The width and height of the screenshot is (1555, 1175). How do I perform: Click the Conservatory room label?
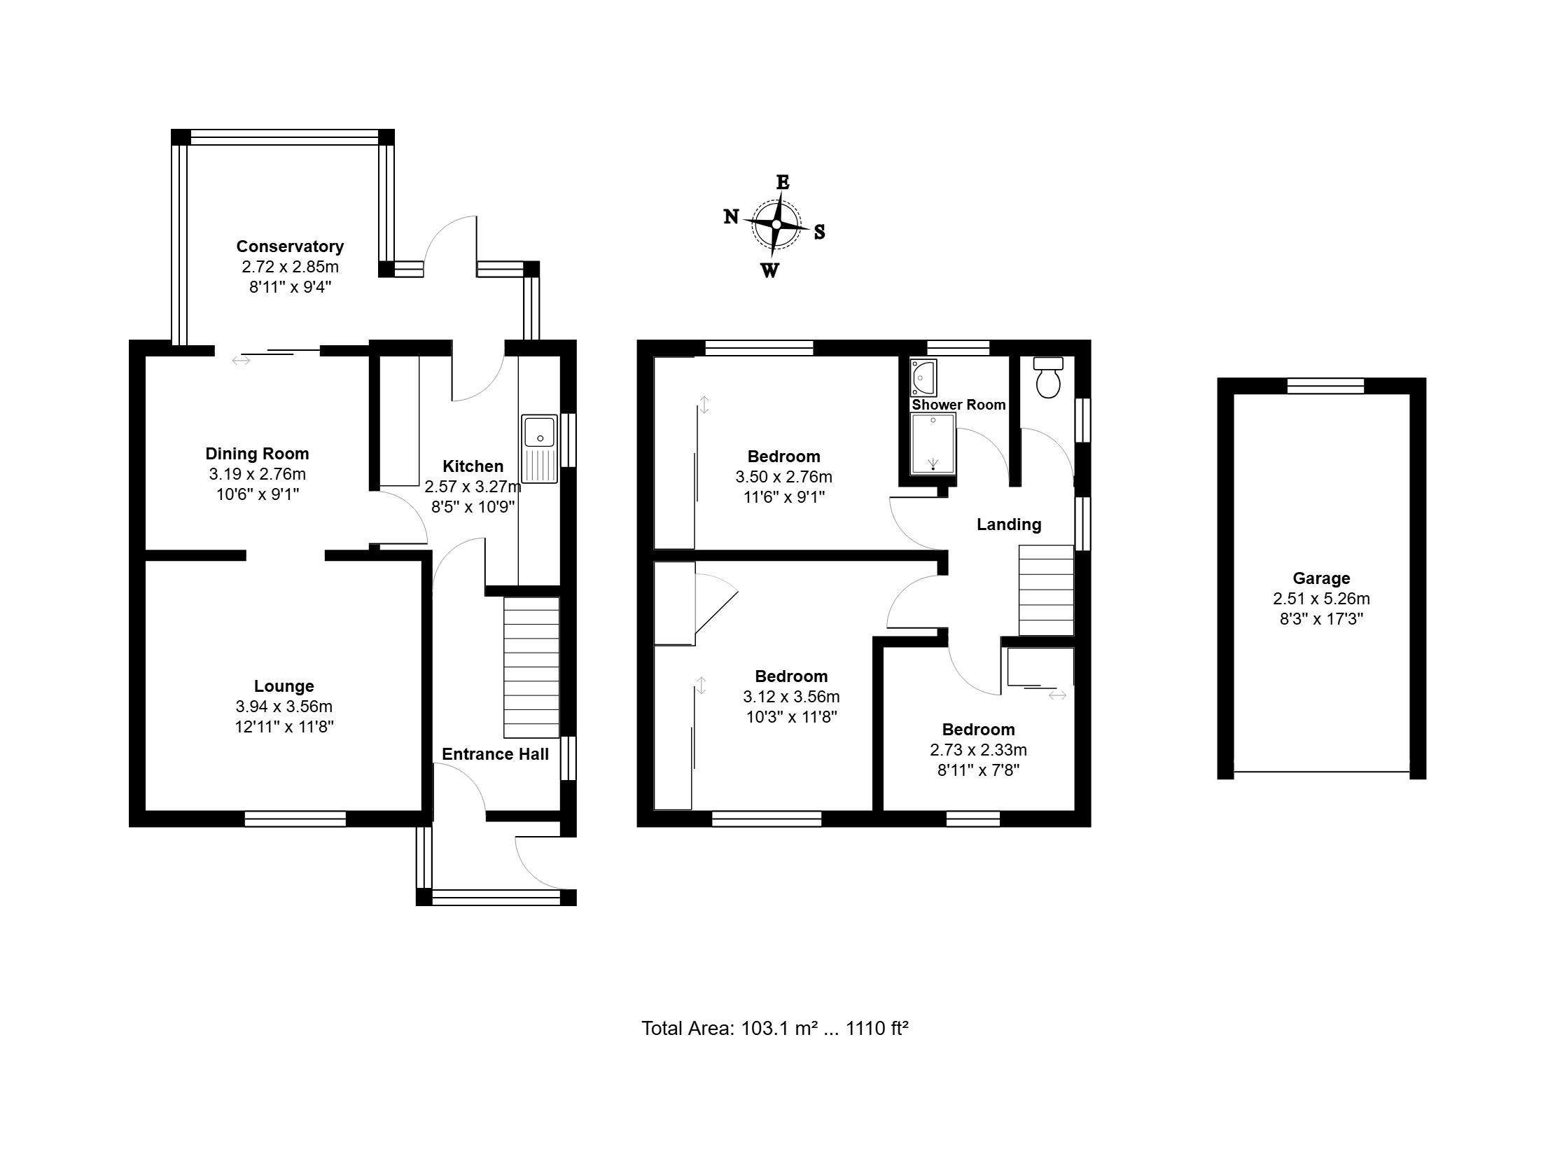290,246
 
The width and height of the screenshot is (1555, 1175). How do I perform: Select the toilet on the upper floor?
1048,377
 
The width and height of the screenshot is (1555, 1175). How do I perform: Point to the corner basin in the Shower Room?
923,377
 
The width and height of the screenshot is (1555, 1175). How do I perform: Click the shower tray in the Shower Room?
933,444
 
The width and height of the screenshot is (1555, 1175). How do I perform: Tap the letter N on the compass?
731,216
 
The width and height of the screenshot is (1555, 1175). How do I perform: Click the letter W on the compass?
769,271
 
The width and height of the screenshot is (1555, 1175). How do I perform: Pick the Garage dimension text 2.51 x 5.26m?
1322,599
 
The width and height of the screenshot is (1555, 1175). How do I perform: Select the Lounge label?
284,686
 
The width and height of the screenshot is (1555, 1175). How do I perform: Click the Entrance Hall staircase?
531,667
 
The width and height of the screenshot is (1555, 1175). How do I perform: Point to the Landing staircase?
1046,592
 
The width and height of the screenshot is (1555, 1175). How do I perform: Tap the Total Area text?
774,1029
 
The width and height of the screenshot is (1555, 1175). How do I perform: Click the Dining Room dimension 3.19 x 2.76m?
257,474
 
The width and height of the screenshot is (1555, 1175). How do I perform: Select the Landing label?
1009,524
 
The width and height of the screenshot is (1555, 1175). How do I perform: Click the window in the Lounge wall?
295,819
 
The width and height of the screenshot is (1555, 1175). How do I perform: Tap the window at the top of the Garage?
1326,385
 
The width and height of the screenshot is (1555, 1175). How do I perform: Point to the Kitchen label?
473,466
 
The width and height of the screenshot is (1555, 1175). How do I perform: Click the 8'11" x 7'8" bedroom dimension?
979,770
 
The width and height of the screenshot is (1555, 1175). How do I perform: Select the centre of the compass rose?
776,224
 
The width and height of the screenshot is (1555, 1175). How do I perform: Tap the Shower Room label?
959,405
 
